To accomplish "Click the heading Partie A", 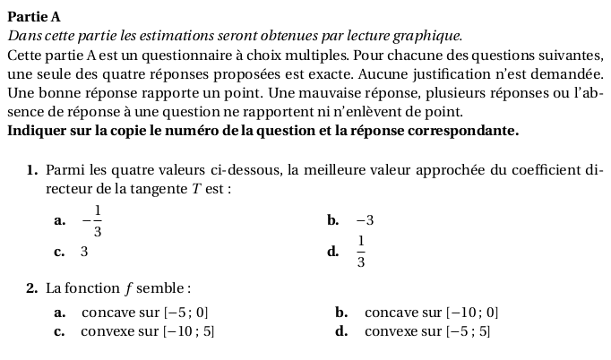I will tap(35, 17).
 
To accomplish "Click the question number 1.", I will tap(31, 170).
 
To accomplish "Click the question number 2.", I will tap(31, 288).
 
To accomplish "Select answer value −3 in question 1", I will tap(364, 220).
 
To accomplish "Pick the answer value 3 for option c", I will tap(84, 252).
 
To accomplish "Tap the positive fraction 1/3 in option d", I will tap(360, 253).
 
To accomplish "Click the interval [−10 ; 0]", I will tap(471, 313).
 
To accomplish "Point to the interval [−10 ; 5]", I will tap(188, 331).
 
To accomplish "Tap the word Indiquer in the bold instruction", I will tap(36, 131).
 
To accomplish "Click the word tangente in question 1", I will tap(152, 189).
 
